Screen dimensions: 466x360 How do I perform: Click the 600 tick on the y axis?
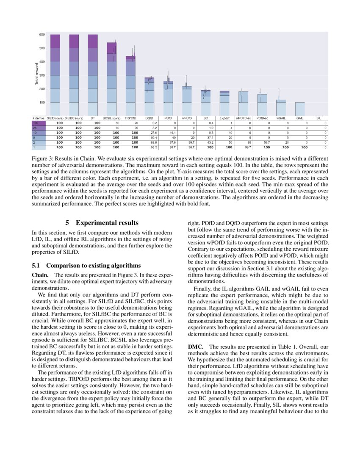42,34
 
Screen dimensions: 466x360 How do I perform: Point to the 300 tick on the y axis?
42,75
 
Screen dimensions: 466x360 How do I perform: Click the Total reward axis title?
36,75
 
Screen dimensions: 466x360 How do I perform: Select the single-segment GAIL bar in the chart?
299,108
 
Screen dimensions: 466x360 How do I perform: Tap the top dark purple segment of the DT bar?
93,41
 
